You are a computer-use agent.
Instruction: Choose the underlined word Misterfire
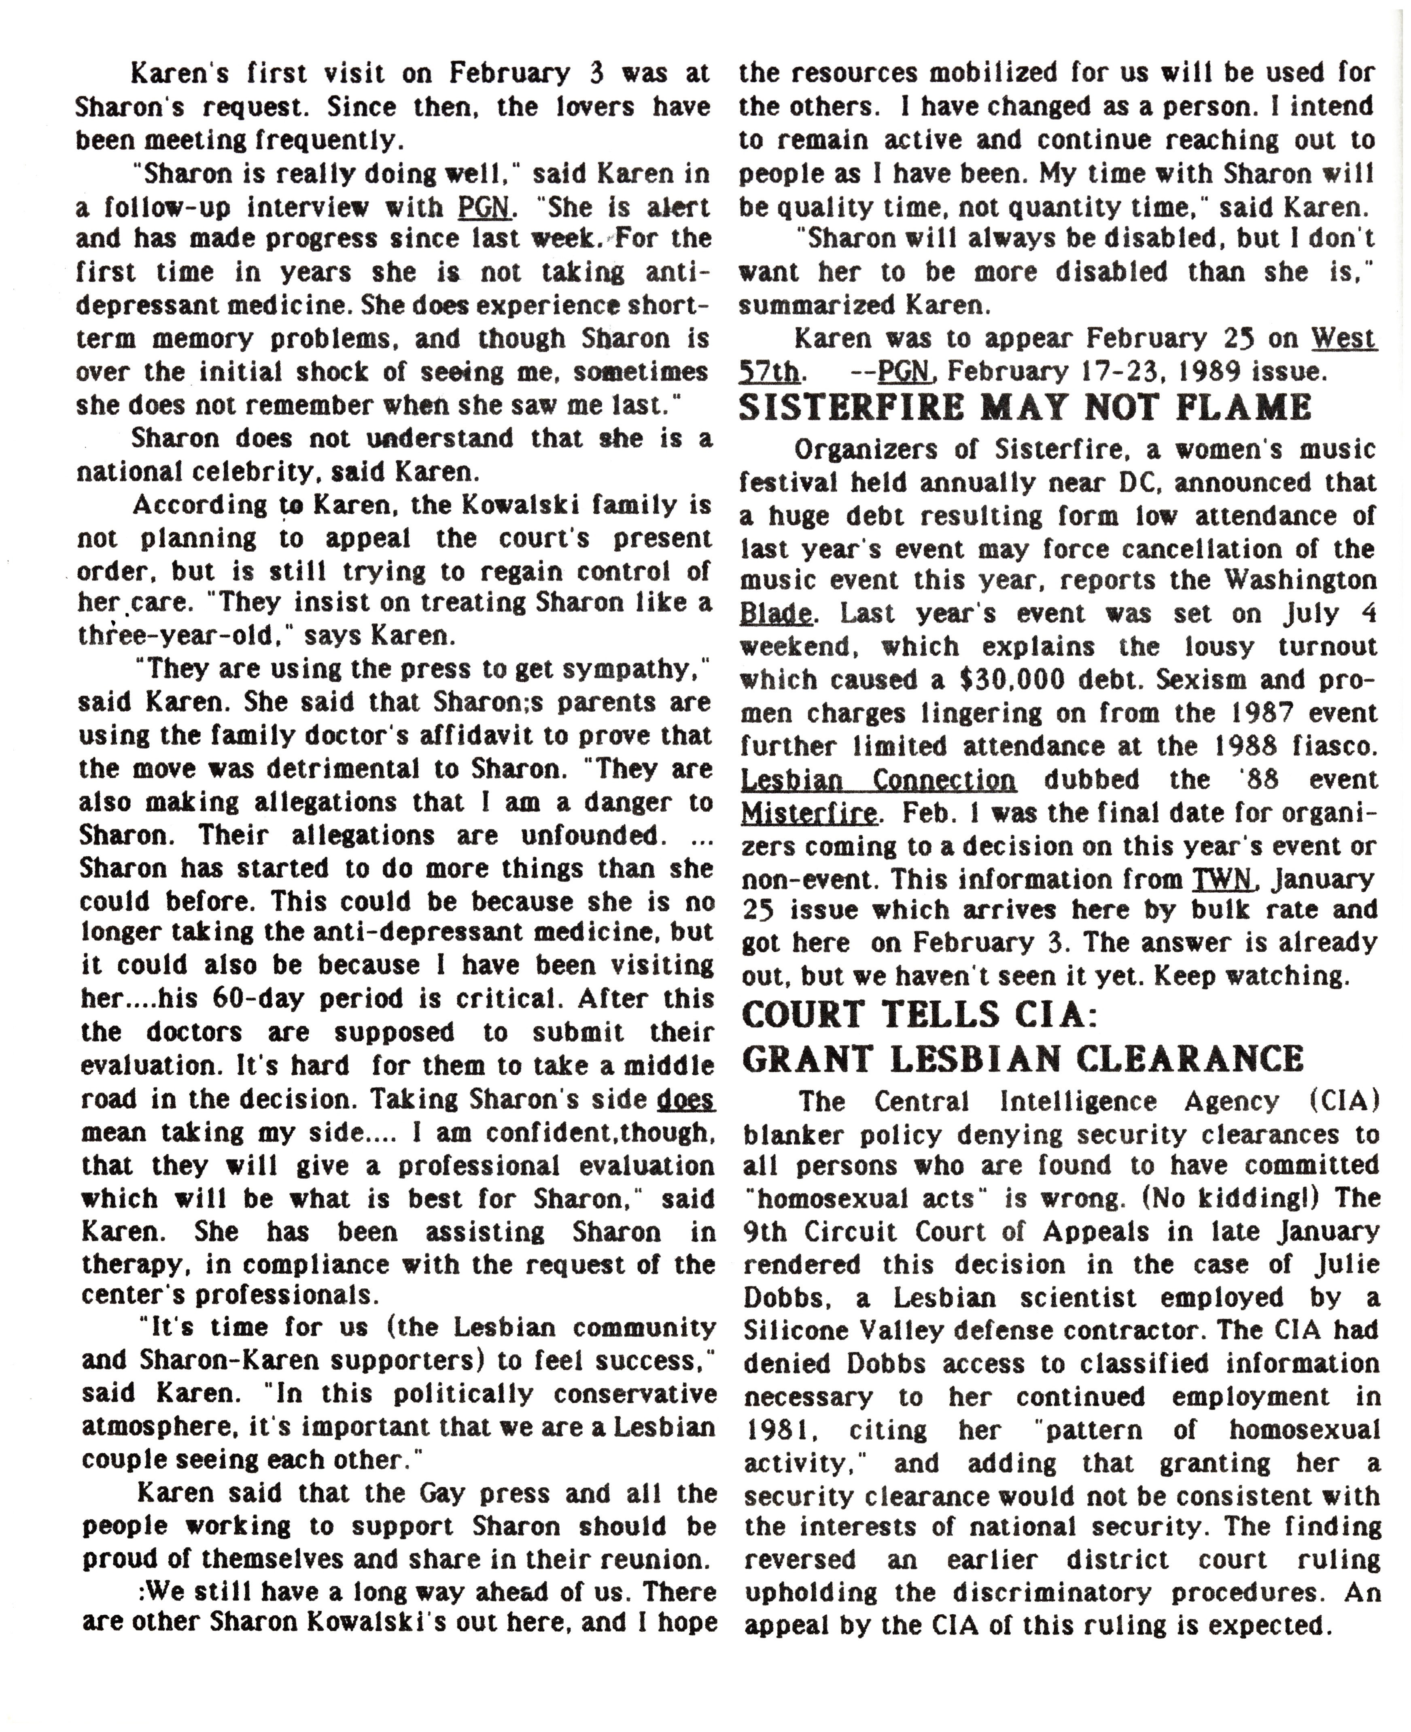point(809,812)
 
